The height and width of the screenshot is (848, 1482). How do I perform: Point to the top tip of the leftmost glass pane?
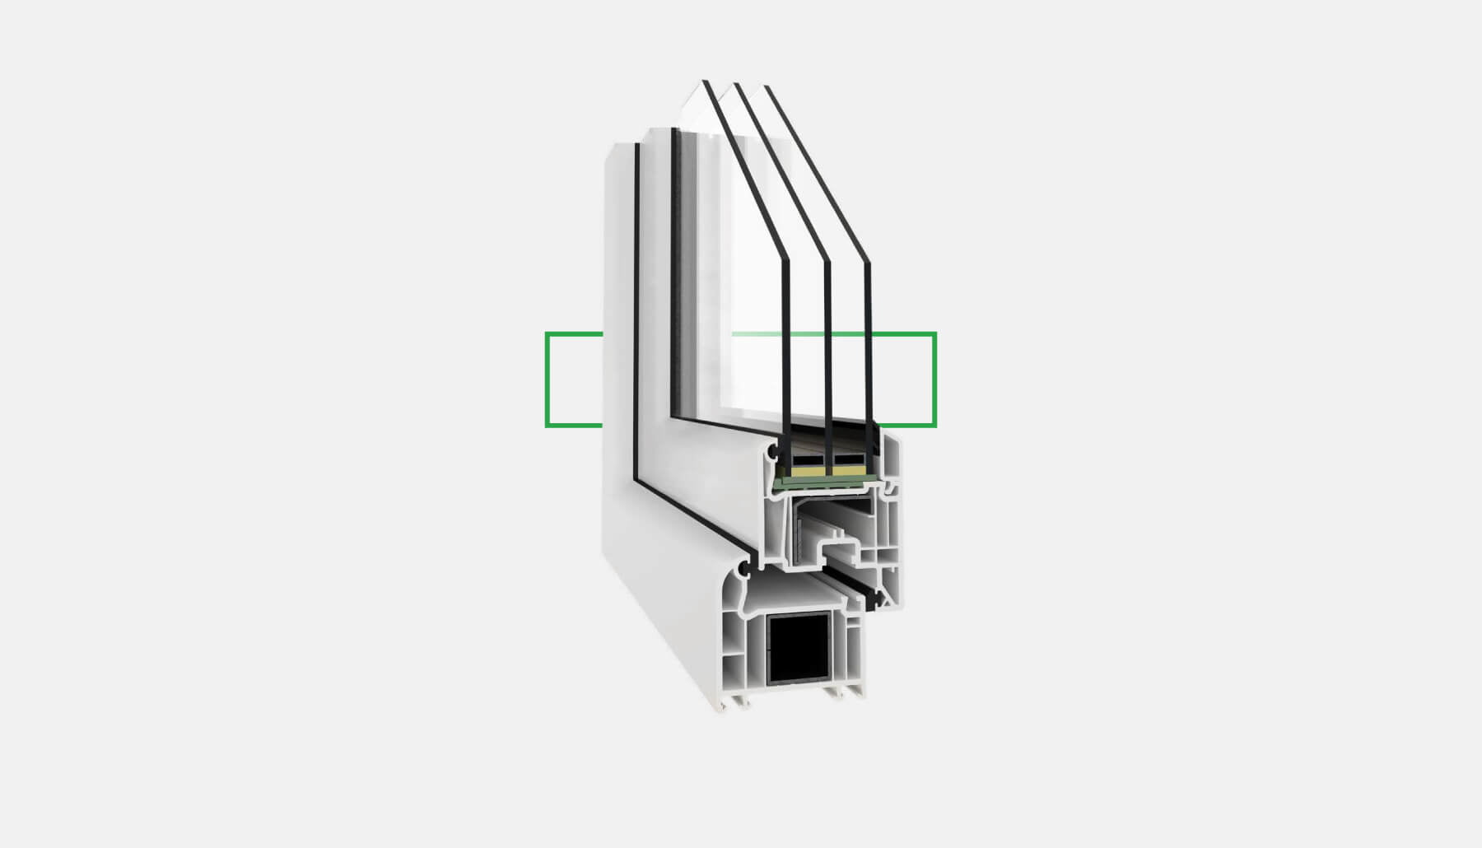pos(704,81)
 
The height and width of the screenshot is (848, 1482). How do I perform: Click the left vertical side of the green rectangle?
pos(547,380)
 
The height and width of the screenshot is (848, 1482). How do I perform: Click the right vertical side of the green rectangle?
pos(935,380)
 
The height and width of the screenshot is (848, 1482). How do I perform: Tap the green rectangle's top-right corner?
pos(935,333)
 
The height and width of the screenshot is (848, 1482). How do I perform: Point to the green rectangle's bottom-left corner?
pos(547,426)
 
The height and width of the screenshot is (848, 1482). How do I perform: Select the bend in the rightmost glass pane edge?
pos(866,264)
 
